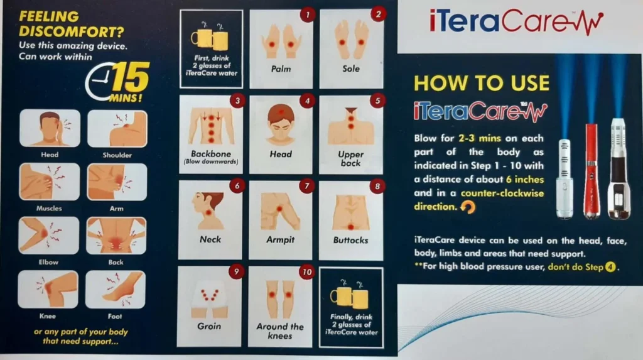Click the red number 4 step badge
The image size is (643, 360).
coord(307,101)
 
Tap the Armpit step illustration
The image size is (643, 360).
coord(281,212)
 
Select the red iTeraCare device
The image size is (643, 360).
coord(592,170)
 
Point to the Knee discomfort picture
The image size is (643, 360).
coord(48,290)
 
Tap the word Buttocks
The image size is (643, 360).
coord(350,240)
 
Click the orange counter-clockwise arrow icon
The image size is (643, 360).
coord(467,207)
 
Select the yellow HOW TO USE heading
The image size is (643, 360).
coord(482,83)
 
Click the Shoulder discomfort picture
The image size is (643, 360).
coord(117,129)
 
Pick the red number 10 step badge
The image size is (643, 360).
coord(307,272)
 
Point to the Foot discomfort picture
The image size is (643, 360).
coord(116,290)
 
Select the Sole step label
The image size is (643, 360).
coord(351,68)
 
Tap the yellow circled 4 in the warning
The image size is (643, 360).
coord(610,267)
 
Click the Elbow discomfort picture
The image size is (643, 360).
coord(48,236)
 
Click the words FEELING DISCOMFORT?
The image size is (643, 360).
coord(71,24)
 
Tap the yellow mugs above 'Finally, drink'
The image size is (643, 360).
coord(350,295)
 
